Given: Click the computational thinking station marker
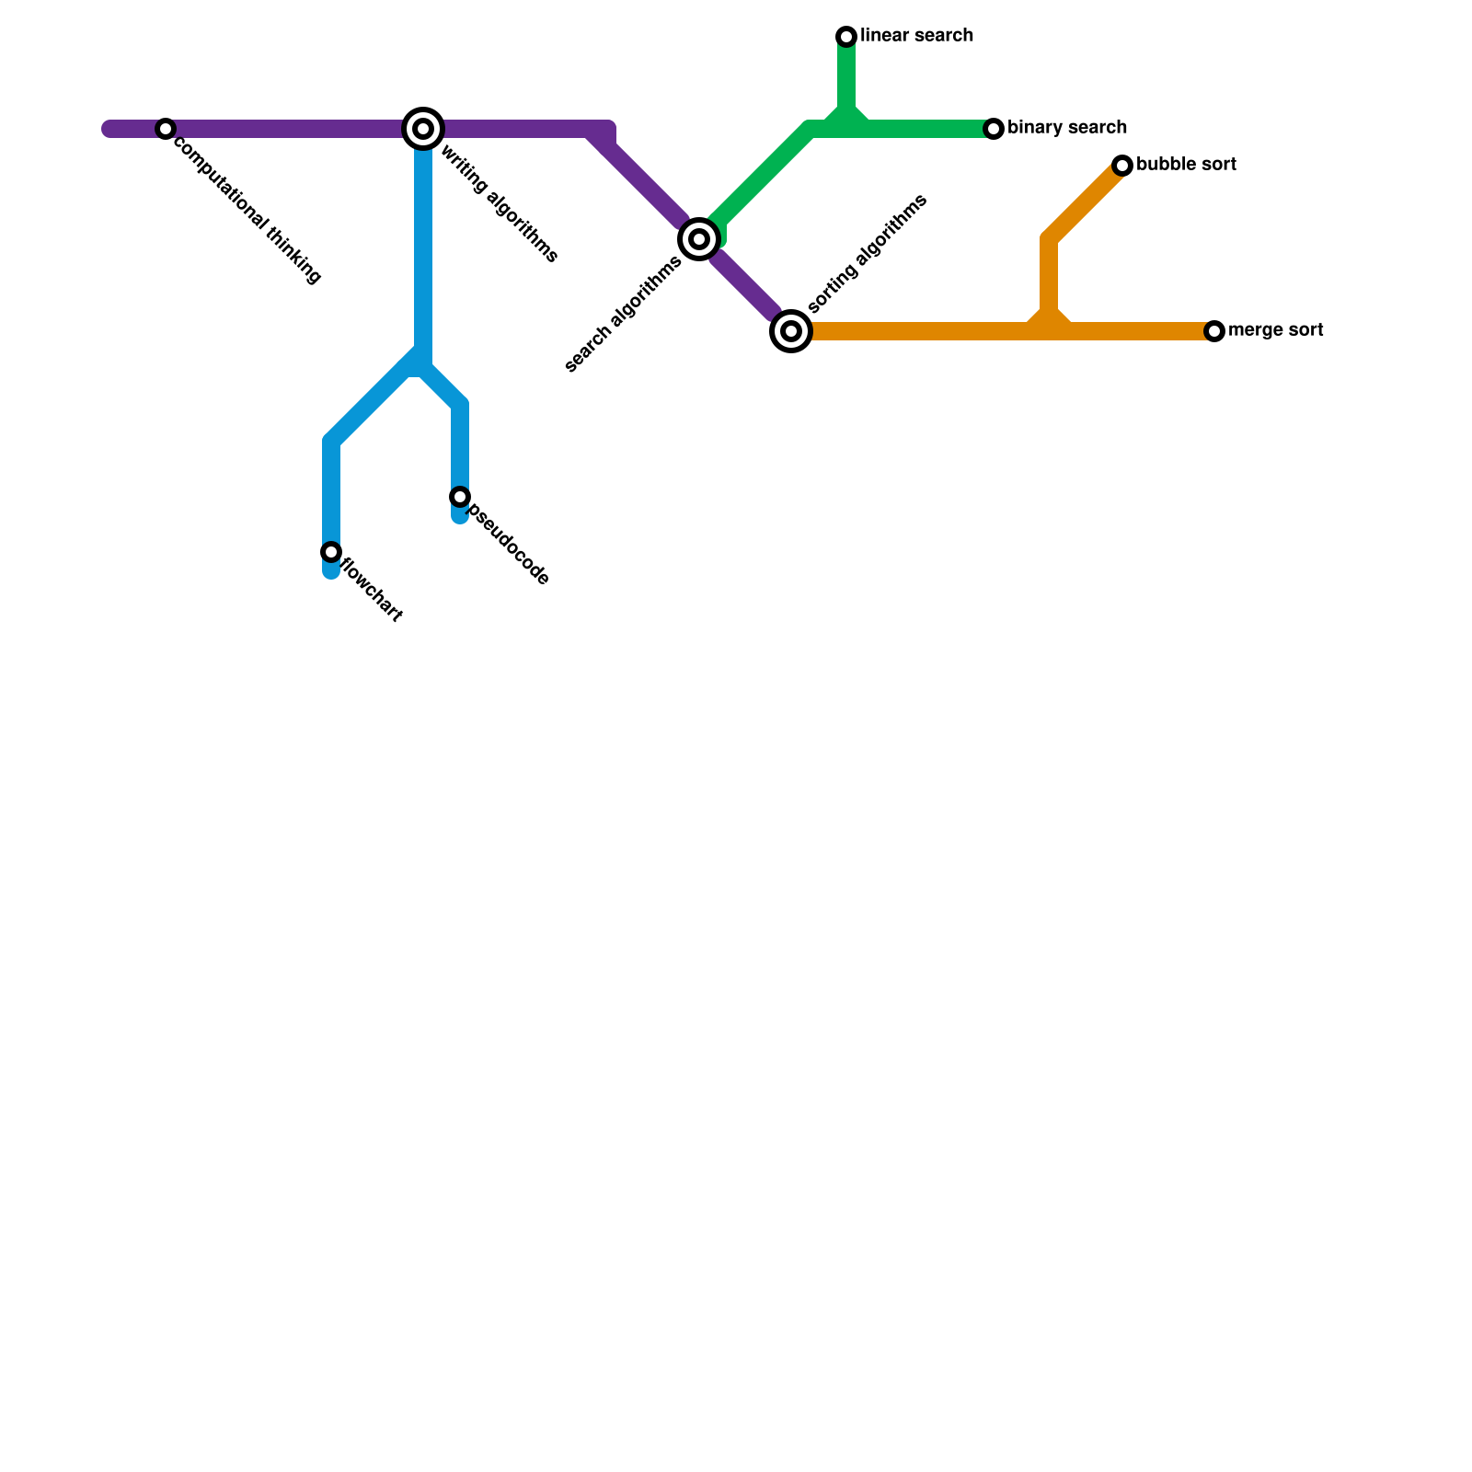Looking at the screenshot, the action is click(x=166, y=129).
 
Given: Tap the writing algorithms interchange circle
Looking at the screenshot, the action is click(x=423, y=129).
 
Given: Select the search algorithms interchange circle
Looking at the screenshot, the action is click(x=699, y=239).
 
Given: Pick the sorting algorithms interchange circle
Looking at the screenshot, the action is click(x=791, y=331).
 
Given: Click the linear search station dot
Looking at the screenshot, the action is click(x=846, y=37).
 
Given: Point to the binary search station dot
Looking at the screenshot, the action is click(x=994, y=129).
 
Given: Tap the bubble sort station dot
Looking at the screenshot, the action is click(x=1122, y=166).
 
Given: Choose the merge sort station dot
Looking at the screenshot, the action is click(x=1214, y=331).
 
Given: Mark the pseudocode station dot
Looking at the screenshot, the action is click(x=460, y=497).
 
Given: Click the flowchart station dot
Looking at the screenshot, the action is click(x=331, y=552).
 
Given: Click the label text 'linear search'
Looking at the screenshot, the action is click(x=916, y=36).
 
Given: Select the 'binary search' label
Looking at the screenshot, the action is click(x=1067, y=128).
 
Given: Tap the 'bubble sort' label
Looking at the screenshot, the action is click(x=1186, y=165).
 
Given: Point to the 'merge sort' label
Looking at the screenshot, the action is click(x=1275, y=330).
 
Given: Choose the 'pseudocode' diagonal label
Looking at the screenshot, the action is click(x=509, y=544).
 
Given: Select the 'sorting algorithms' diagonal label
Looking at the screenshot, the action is click(x=867, y=255).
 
